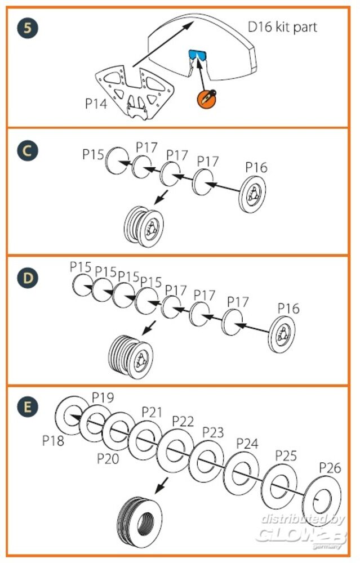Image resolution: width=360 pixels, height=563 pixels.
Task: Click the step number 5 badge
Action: (x=27, y=28)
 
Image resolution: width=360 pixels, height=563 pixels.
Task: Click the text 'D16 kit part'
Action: (x=283, y=27)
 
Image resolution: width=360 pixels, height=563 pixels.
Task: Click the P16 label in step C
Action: (x=256, y=167)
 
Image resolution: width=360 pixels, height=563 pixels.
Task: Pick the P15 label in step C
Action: (x=94, y=154)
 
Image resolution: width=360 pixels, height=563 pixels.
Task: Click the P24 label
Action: (x=247, y=443)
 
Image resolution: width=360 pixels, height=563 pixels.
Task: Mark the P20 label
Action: (x=108, y=458)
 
